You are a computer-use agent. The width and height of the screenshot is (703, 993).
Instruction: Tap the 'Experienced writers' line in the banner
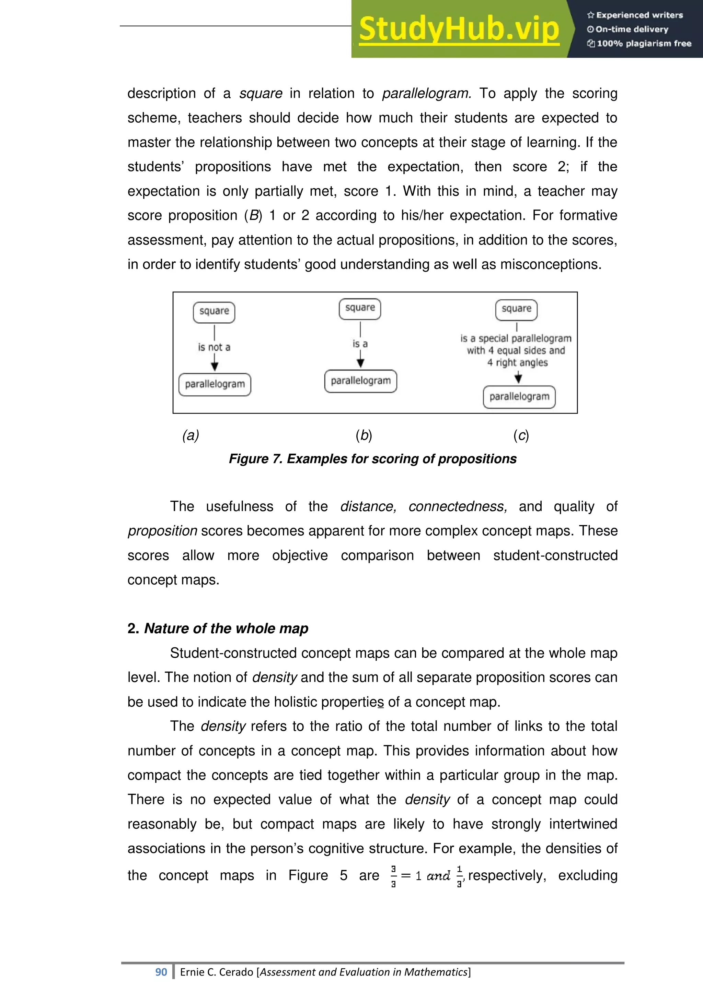click(x=635, y=15)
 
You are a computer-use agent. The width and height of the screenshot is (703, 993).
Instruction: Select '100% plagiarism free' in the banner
click(x=639, y=43)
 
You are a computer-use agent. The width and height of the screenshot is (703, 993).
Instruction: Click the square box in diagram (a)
click(x=214, y=312)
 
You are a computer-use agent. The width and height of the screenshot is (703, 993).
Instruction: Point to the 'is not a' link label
click(x=214, y=347)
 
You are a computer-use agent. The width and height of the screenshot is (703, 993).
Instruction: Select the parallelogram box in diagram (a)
click(x=215, y=384)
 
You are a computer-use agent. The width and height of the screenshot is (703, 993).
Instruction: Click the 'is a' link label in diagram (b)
click(x=360, y=344)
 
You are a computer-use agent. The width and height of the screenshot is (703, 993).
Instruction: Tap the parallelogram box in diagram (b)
click(x=360, y=381)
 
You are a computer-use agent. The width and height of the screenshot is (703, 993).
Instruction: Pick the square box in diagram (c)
click(x=516, y=309)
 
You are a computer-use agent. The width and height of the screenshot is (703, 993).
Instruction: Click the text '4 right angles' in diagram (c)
click(x=517, y=362)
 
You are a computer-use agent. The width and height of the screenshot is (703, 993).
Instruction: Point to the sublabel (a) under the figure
click(x=191, y=435)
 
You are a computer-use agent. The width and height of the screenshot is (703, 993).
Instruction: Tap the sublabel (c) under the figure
click(x=521, y=435)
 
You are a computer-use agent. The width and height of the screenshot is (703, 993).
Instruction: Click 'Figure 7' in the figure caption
click(x=255, y=458)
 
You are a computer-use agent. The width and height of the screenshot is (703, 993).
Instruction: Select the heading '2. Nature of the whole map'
click(x=217, y=628)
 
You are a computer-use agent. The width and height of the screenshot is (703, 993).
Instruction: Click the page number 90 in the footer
click(x=161, y=972)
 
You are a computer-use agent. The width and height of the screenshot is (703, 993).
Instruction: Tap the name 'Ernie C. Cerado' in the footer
click(x=217, y=972)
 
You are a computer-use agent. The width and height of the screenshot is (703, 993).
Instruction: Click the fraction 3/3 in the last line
click(x=393, y=876)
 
